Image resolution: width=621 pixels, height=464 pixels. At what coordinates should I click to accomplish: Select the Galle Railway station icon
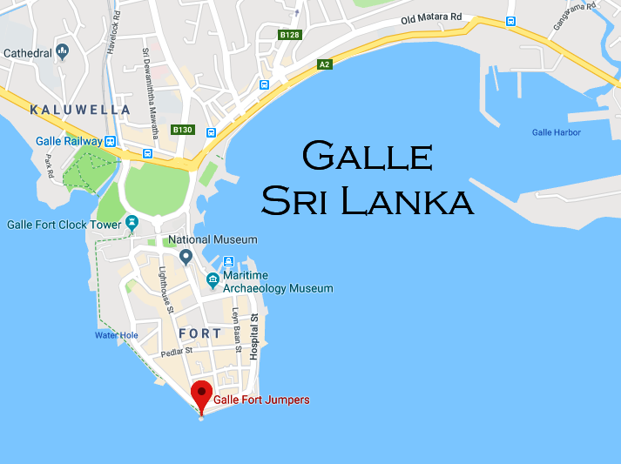[x=111, y=141]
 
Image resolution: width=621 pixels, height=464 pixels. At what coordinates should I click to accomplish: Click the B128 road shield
[x=289, y=35]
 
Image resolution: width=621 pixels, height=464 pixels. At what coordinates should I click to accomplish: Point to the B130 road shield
[x=182, y=130]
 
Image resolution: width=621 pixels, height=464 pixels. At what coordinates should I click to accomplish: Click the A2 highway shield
[x=324, y=64]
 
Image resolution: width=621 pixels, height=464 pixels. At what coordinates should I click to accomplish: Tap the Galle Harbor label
[x=556, y=132]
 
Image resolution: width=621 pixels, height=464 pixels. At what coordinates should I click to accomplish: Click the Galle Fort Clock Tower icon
[x=132, y=223]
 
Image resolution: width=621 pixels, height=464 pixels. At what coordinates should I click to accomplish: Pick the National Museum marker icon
[x=186, y=257]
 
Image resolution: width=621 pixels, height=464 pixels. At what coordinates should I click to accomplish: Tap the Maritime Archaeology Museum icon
[x=213, y=280]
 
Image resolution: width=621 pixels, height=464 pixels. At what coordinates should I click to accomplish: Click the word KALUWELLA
[x=80, y=110]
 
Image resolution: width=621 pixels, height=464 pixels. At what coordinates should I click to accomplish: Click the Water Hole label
[x=117, y=335]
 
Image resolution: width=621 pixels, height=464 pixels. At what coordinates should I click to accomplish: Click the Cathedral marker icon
[x=62, y=52]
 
